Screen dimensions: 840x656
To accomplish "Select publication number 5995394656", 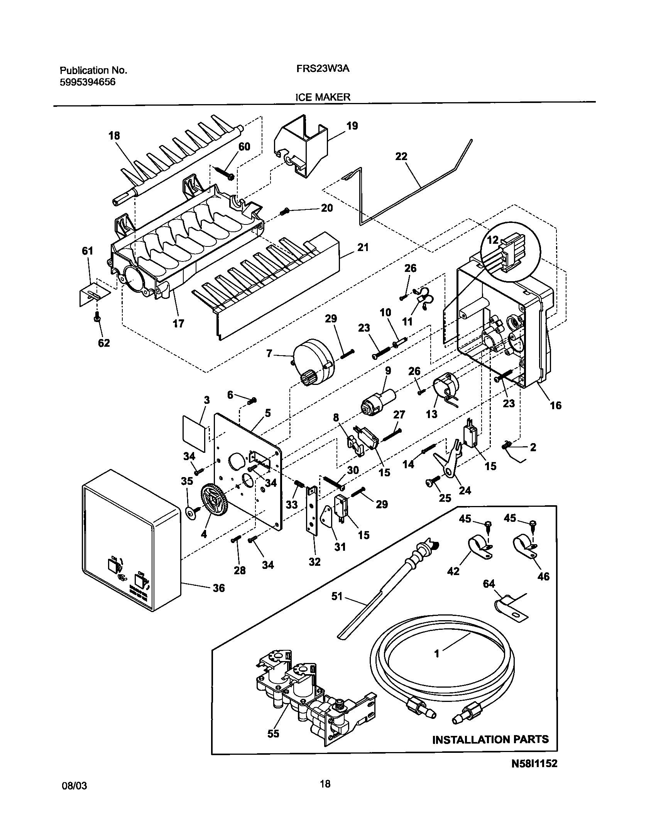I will click(88, 82).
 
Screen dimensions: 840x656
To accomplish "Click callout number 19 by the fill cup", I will click(352, 126).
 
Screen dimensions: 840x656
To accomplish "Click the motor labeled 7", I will click(313, 361).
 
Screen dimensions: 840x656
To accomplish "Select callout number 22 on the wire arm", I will click(401, 156).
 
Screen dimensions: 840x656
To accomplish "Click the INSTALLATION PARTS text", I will click(490, 739).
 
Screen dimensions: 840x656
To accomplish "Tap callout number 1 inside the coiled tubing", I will click(437, 653).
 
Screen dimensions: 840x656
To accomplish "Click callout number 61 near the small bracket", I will click(88, 251).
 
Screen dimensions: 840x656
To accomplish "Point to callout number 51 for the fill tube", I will click(337, 596).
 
